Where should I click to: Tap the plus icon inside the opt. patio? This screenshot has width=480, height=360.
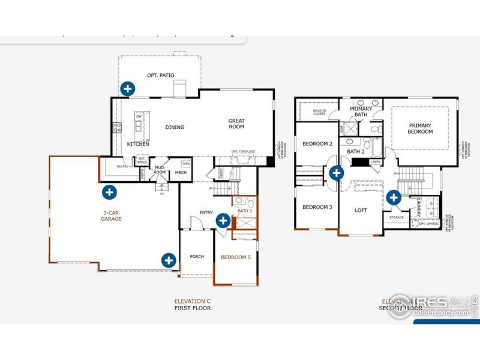point(127,89)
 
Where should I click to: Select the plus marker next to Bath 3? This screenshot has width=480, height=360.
point(223,221)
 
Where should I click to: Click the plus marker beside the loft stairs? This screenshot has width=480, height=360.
point(394,197)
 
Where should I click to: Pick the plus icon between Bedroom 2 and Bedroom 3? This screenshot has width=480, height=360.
point(337,173)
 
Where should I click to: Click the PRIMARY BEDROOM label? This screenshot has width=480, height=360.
point(420,128)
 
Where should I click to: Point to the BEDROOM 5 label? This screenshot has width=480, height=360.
point(235,257)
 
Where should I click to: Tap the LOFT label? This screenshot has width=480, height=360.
point(361,210)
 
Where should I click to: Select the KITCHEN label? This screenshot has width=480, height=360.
point(138,145)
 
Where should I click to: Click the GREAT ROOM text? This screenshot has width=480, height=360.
point(236,124)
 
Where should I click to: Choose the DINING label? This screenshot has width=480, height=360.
point(175,127)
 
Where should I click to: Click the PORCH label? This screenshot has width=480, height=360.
point(197,257)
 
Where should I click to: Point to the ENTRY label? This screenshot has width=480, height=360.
point(206,212)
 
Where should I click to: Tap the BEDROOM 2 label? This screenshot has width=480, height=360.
point(317,144)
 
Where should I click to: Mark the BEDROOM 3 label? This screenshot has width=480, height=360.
point(317,207)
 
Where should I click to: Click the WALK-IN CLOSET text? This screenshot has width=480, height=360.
point(319,112)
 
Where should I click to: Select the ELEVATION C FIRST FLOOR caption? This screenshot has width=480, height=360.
point(193,304)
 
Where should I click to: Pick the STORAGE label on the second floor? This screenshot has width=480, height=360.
point(397,217)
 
